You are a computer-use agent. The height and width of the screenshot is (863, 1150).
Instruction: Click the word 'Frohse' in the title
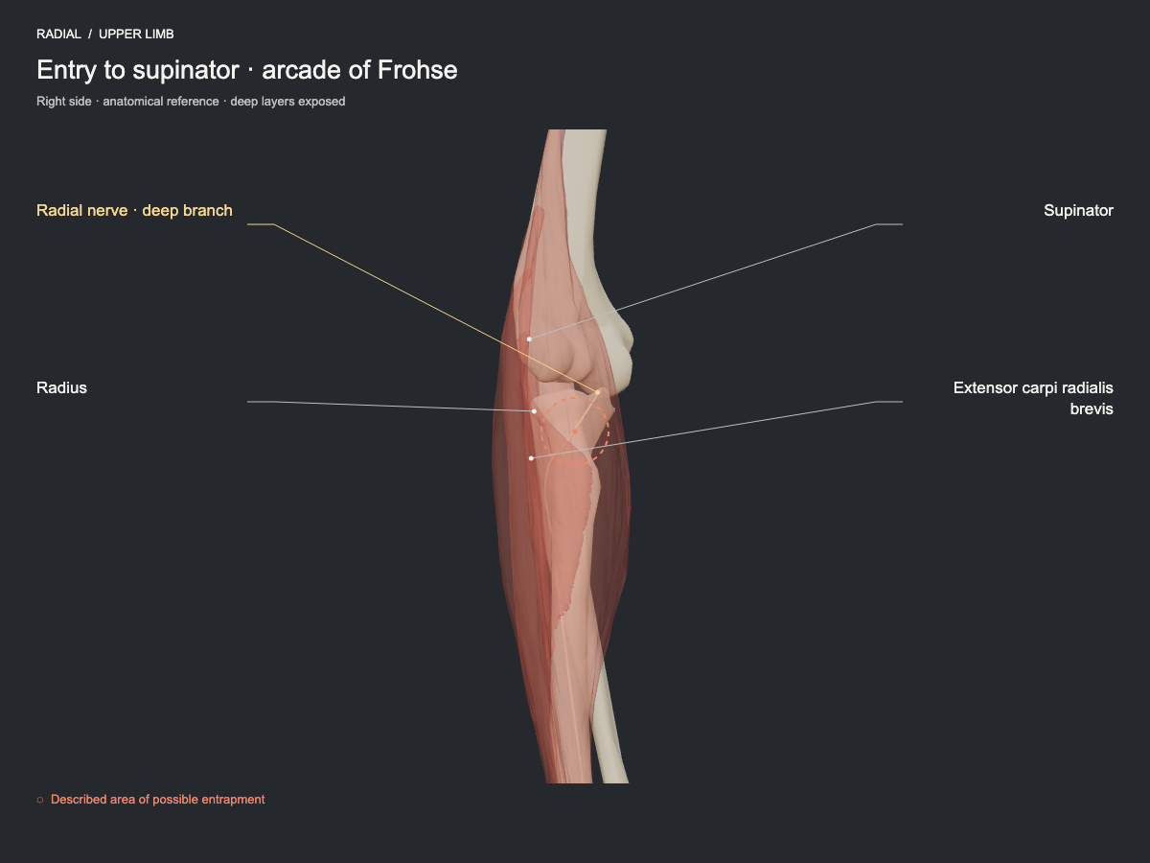coord(417,70)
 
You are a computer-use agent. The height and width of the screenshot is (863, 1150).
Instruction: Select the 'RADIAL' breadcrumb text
coord(58,35)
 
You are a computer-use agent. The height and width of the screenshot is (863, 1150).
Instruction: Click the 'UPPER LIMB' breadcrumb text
coord(136,35)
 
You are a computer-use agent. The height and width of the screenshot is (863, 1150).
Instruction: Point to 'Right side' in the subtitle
coord(64,101)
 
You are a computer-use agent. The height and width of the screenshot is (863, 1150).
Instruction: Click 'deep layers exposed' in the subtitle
coord(287,101)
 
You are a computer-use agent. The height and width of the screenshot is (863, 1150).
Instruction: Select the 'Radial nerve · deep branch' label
coord(134,211)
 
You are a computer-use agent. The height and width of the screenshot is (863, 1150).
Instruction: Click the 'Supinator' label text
coord(1078,211)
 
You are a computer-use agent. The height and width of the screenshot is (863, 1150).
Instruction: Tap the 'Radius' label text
coord(62,387)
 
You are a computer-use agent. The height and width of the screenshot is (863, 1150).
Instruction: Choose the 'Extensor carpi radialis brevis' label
coord(1033,398)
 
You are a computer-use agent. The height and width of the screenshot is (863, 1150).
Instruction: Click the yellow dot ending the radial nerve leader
coord(597,392)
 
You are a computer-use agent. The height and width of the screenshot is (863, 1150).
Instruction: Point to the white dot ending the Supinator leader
coord(529,339)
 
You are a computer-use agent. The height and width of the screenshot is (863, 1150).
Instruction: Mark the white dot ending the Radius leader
coord(535,411)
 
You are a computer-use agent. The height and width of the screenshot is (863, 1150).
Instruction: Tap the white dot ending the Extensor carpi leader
coord(531,458)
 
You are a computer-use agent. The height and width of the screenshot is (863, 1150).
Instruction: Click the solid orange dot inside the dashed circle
coord(575,431)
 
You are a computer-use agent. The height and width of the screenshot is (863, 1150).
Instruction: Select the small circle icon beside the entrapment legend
coord(40,800)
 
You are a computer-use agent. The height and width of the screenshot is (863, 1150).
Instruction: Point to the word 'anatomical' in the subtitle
coord(133,101)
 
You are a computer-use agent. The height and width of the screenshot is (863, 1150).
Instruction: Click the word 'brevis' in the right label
coord(1092,408)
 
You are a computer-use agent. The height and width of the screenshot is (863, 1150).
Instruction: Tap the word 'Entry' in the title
coord(66,71)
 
